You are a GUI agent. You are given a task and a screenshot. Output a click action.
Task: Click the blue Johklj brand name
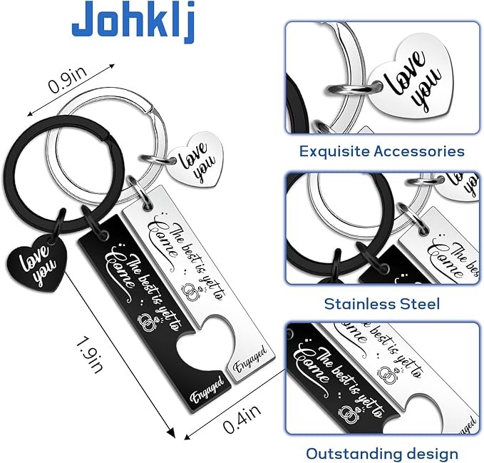click(133, 21)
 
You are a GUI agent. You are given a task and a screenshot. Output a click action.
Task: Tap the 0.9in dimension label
click(68, 80)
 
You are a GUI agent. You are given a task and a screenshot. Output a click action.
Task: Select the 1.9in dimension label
click(89, 355)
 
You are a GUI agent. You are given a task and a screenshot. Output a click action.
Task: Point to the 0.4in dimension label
click(242, 419)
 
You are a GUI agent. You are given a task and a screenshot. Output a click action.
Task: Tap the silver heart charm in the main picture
click(196, 160)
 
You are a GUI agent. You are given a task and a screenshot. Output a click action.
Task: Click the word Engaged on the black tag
click(207, 390)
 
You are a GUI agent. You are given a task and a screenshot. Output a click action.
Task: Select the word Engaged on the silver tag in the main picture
click(250, 359)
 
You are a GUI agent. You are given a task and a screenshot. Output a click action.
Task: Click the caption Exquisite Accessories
click(382, 151)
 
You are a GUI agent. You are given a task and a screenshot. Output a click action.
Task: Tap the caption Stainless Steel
click(382, 304)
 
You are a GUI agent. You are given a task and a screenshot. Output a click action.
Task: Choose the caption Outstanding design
click(382, 454)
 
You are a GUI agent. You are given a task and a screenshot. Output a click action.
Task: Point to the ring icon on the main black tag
click(148, 322)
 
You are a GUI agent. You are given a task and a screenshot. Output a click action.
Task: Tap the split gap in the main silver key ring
click(150, 108)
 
